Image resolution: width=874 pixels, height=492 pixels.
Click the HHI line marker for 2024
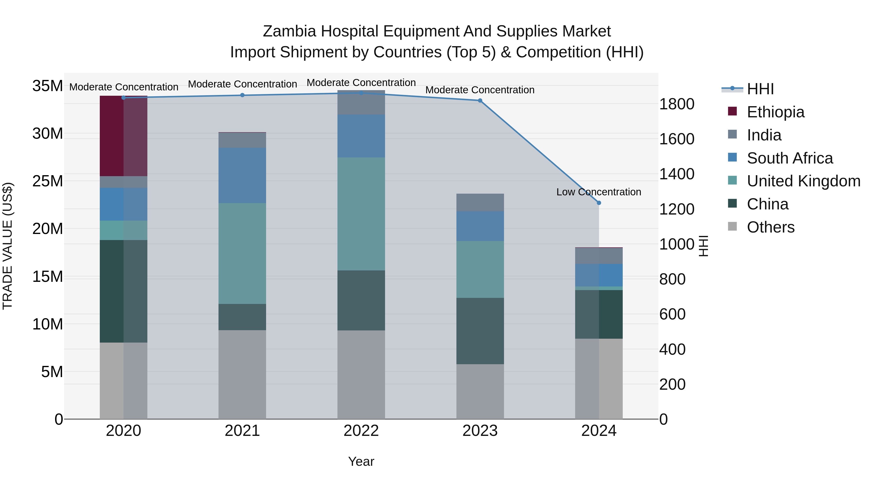(x=599, y=203)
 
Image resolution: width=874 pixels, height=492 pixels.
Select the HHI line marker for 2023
(x=480, y=101)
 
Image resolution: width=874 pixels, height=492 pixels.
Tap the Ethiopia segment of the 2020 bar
(x=124, y=136)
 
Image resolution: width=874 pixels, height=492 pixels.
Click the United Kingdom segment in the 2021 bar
(x=242, y=253)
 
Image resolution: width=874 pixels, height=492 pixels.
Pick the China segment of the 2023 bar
(x=480, y=331)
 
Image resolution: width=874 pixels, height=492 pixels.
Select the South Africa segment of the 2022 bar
(x=361, y=136)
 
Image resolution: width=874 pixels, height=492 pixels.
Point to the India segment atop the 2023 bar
(x=480, y=202)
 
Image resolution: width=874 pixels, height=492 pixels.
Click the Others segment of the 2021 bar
(x=242, y=374)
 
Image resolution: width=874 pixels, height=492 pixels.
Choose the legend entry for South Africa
(x=790, y=158)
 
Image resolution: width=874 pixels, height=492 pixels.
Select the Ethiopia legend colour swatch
(x=732, y=111)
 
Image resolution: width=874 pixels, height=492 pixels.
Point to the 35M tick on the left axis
(x=48, y=86)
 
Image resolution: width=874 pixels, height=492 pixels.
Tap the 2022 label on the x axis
(x=361, y=431)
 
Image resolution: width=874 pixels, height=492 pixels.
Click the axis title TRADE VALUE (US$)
(x=8, y=246)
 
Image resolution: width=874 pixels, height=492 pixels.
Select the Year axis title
(x=361, y=461)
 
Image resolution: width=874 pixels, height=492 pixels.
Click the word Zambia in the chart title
(x=289, y=31)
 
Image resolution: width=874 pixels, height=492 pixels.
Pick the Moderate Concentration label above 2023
(x=480, y=90)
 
